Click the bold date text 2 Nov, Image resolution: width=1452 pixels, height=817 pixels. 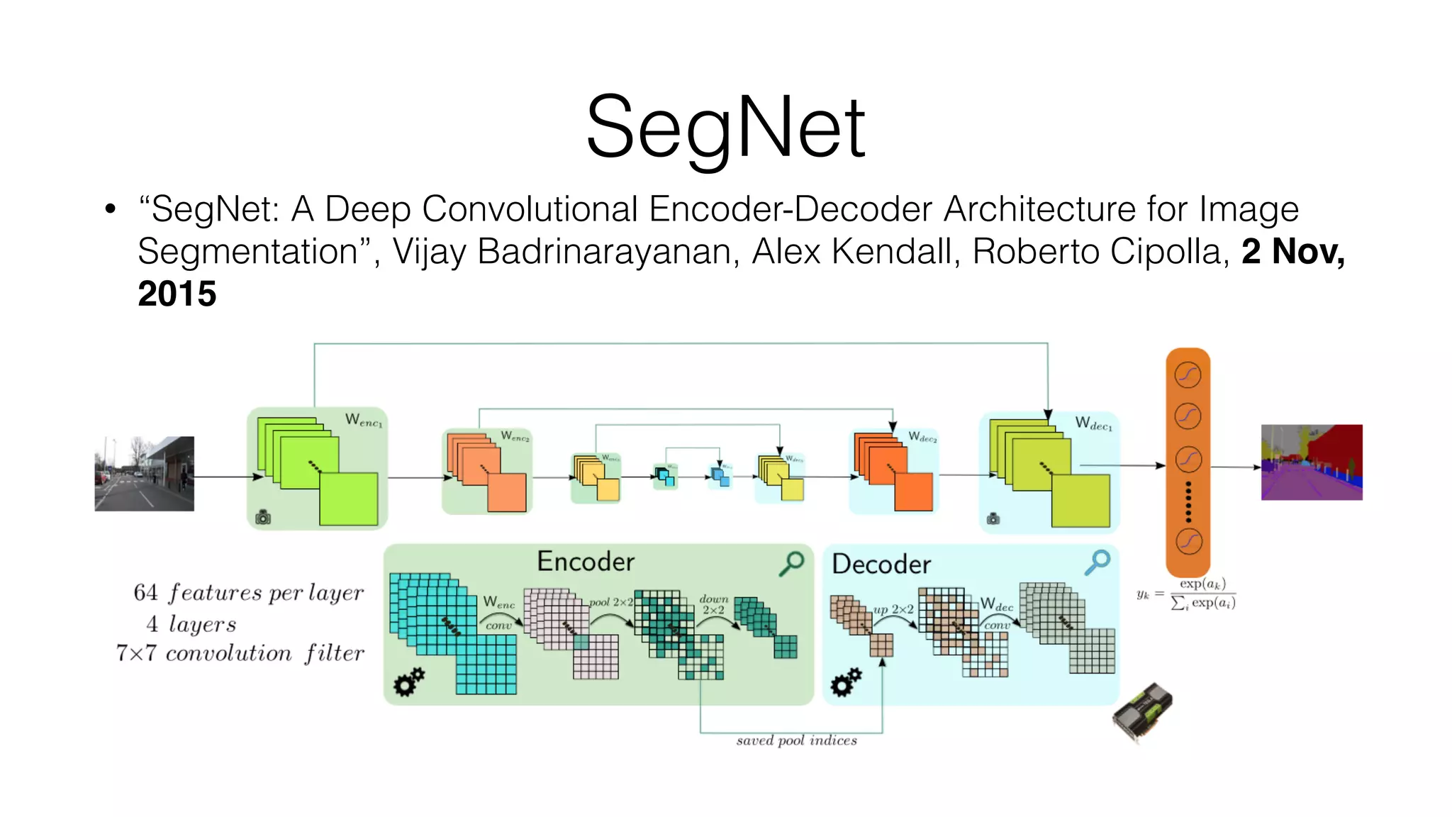[1292, 251]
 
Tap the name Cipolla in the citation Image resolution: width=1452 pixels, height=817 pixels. [1166, 251]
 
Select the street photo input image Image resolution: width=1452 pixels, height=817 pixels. [144, 473]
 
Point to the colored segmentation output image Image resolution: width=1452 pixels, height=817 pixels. [1312, 462]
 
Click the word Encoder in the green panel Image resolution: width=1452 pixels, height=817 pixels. [586, 562]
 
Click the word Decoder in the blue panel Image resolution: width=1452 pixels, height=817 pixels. [881, 565]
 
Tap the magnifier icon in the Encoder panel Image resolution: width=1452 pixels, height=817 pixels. [792, 563]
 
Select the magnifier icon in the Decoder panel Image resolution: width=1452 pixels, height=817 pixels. [1098, 562]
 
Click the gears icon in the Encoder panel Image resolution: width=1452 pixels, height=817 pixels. [409, 682]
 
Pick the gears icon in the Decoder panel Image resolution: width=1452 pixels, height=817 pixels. [846, 682]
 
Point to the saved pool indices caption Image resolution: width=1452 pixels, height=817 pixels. [796, 740]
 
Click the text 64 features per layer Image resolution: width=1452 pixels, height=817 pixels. [248, 592]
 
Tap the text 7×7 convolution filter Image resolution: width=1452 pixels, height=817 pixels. [240, 652]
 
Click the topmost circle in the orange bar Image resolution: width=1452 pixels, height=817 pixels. [1188, 374]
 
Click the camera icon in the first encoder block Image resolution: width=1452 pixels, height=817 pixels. [263, 518]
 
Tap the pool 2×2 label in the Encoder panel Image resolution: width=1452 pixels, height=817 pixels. [611, 602]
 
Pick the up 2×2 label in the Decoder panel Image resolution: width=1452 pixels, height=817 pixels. [893, 609]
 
